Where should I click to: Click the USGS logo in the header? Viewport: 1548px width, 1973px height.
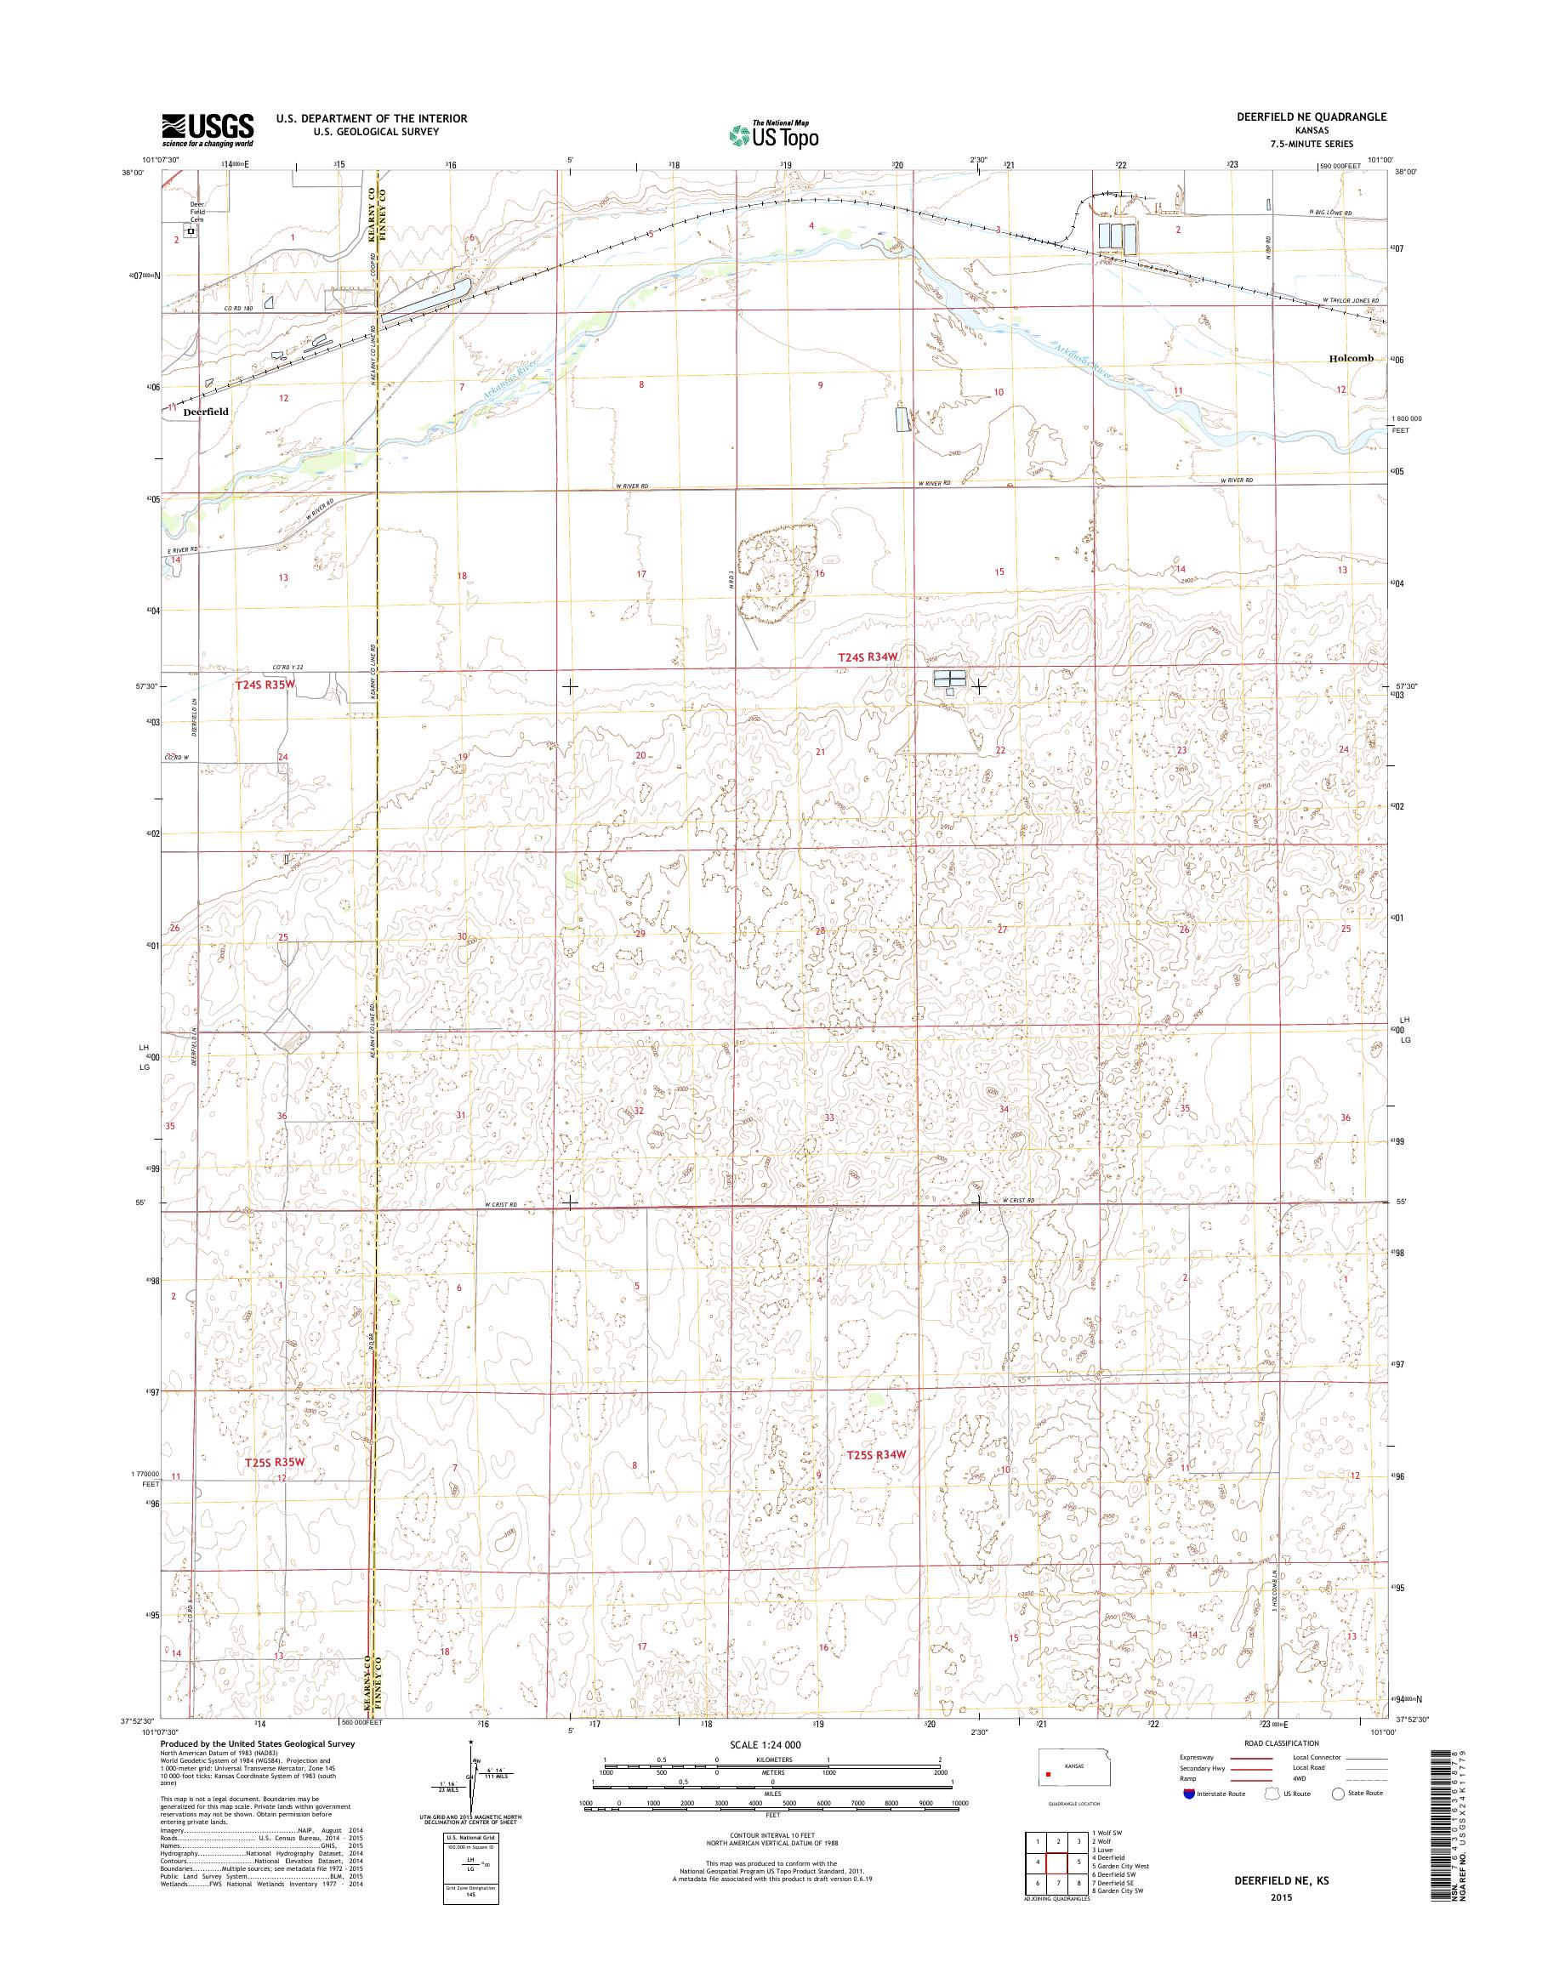tap(208, 129)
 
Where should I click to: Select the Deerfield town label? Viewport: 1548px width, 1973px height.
tap(206, 411)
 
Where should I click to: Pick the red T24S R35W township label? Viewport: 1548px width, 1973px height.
tap(265, 685)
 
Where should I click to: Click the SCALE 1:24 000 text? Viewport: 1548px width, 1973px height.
tap(765, 1743)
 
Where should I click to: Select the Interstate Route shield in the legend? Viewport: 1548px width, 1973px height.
tap(1188, 1794)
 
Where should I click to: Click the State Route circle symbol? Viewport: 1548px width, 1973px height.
tap(1337, 1794)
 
